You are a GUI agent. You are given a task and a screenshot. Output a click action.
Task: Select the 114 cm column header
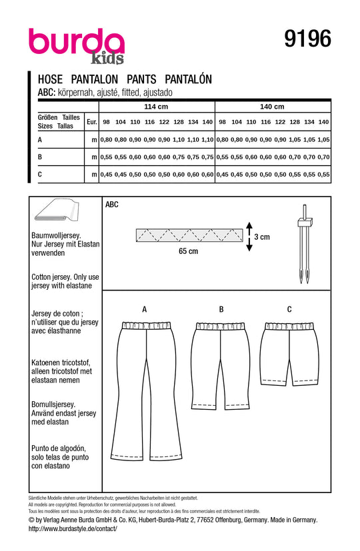point(157,107)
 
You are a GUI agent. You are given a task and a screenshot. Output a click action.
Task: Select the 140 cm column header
point(272,107)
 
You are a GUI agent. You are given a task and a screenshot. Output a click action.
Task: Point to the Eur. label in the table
point(92,122)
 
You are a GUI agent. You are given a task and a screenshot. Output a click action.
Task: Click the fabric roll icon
point(56,213)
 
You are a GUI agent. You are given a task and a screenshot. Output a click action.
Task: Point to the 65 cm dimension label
point(188,251)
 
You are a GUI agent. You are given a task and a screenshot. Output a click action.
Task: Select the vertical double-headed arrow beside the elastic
point(249,236)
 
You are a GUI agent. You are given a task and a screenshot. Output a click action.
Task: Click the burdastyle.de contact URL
point(73,528)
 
